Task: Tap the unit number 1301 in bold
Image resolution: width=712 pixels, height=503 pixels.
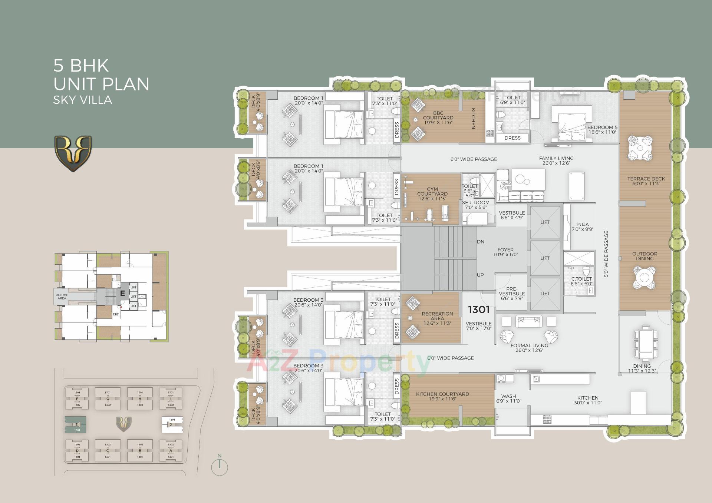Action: coord(478,310)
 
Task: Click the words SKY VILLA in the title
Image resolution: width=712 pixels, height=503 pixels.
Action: coord(82,100)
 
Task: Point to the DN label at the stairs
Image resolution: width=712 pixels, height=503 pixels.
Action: coord(481,242)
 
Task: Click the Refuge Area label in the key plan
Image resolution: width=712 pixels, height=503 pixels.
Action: coord(62,297)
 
